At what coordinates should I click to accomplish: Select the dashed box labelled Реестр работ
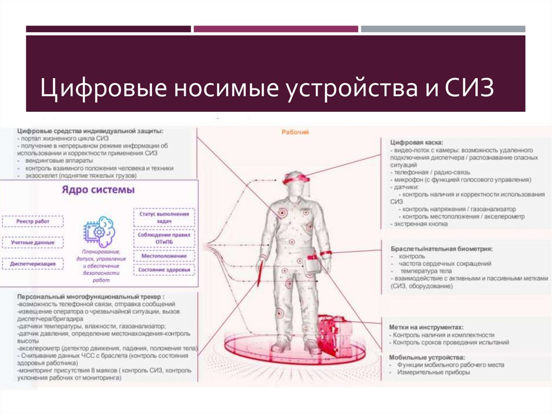[x=33, y=221]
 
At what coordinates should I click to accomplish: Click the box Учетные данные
[x=33, y=242]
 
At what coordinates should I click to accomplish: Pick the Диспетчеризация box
[x=33, y=263]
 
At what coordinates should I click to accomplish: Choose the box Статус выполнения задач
[x=163, y=218]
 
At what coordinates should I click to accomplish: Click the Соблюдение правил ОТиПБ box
[x=164, y=239]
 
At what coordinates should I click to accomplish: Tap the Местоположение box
[x=164, y=256]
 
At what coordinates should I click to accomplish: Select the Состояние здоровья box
[x=164, y=269]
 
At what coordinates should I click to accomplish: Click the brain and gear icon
[x=99, y=230]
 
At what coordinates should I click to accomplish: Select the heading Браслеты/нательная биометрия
[x=441, y=249]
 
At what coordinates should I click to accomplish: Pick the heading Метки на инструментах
[x=426, y=327]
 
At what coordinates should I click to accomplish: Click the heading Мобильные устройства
[x=427, y=357]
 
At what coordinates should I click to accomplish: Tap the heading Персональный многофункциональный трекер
[x=91, y=296]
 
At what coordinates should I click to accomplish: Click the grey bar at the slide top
[x=443, y=29]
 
